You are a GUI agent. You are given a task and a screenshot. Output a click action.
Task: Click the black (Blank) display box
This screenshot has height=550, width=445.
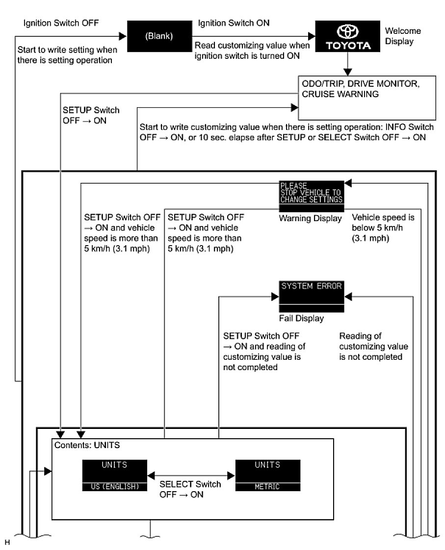tap(159, 37)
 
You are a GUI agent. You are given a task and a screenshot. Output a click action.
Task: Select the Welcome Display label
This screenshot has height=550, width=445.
tap(403, 36)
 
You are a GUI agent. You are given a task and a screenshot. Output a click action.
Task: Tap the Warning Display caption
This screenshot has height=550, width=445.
tap(310, 218)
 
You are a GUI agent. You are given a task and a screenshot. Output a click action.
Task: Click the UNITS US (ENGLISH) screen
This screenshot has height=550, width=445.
tap(115, 475)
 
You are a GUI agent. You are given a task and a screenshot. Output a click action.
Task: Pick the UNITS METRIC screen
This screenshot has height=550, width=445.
tap(267, 475)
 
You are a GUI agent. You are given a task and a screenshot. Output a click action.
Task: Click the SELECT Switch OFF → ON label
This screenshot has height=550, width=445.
tap(190, 489)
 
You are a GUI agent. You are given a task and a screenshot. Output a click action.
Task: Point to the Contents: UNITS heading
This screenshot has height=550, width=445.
tap(87, 446)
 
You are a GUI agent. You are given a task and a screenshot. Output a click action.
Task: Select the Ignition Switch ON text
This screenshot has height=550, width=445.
tap(234, 24)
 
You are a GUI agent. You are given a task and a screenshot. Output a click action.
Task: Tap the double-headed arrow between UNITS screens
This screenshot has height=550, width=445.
tap(191, 475)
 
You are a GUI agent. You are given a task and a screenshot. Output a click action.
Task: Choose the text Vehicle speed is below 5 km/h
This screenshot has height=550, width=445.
tap(376, 228)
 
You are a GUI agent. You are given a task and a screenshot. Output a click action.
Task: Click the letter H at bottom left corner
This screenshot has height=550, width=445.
tap(7, 542)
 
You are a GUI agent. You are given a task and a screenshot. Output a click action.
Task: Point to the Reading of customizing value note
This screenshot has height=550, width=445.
tap(373, 347)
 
